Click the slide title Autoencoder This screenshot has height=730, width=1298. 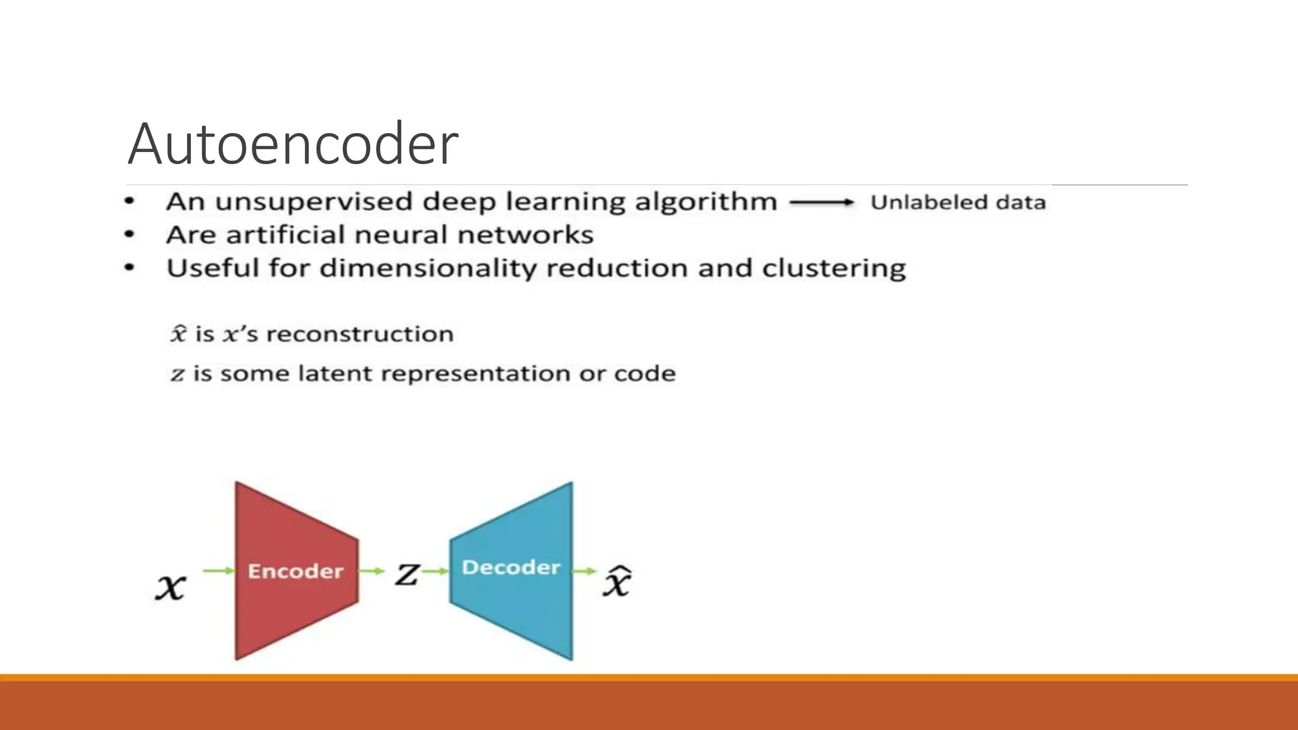click(293, 144)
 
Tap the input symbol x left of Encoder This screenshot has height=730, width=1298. click(170, 586)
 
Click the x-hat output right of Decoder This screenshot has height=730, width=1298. click(617, 581)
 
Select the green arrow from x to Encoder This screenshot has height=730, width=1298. click(219, 571)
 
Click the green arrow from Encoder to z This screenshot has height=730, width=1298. click(372, 571)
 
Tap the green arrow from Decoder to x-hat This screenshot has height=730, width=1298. click(584, 571)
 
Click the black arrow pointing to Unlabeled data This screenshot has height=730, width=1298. click(822, 203)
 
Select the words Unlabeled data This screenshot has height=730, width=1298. click(958, 203)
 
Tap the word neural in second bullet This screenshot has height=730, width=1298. click(401, 235)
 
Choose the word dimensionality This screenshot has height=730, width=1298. click(428, 269)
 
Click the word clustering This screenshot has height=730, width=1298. click(833, 269)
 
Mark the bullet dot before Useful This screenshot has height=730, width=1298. click(129, 268)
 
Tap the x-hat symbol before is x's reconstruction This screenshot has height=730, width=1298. click(179, 333)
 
